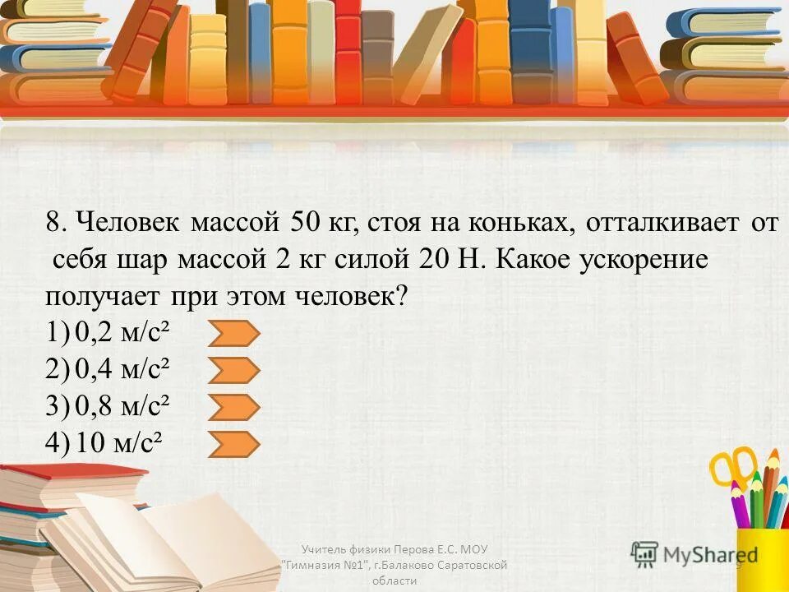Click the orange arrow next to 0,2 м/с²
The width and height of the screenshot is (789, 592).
[234, 334]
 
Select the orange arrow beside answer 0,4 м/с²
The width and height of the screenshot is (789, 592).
[234, 371]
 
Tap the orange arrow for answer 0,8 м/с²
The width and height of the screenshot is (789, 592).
[234, 408]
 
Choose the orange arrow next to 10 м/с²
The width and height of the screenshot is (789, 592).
[234, 445]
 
